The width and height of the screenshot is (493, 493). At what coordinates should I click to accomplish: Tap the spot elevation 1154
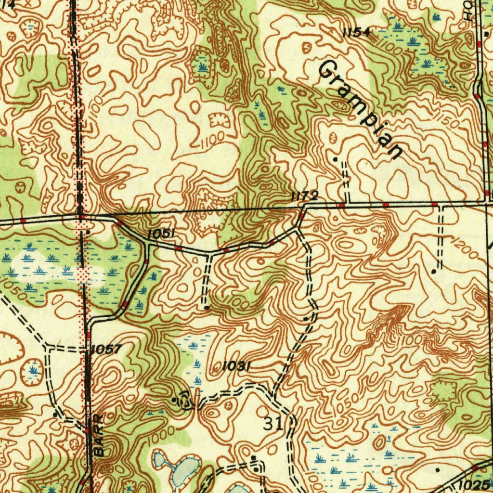356,33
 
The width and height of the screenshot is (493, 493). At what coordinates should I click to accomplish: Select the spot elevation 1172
304,195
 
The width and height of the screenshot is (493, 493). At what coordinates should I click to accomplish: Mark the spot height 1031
236,366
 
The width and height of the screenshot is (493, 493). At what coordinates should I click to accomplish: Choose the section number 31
273,424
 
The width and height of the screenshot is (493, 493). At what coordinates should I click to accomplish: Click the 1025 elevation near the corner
475,483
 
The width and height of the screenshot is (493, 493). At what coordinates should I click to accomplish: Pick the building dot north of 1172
336,158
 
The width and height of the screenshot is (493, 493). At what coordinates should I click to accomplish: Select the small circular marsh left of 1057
33,371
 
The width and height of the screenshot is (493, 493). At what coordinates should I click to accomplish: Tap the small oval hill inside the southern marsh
379,441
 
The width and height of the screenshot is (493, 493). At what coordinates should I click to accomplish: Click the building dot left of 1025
437,468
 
